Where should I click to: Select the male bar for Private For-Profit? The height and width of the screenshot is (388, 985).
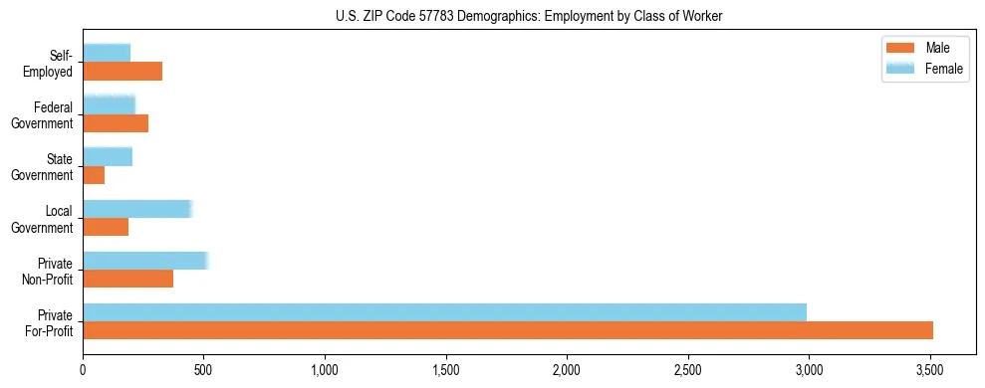[508, 330]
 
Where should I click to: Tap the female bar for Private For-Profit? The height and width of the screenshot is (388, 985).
[444, 311]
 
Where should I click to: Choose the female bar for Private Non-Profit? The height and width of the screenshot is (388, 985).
[145, 261]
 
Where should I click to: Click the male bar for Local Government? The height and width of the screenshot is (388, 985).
[106, 227]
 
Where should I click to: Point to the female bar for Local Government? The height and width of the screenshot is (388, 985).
[137, 209]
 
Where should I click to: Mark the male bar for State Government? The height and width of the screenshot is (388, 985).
[94, 175]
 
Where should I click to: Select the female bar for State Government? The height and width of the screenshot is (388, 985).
[108, 156]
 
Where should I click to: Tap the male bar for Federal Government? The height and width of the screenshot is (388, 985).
[116, 123]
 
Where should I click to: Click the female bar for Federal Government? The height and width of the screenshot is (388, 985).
[110, 104]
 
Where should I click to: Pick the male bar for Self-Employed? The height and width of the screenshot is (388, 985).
[123, 72]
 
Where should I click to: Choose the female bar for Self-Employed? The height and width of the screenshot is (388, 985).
[107, 53]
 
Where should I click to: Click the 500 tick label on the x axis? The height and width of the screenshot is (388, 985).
[204, 371]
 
